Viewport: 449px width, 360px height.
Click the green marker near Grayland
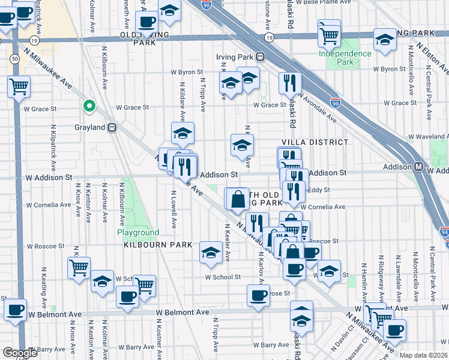(89, 107)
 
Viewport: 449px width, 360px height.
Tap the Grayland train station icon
(112, 127)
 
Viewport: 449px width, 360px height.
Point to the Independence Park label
(345, 58)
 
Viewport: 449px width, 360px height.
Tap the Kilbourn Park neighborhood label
(158, 245)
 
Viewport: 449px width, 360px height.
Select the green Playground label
(138, 232)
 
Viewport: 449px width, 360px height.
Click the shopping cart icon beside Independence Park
(329, 34)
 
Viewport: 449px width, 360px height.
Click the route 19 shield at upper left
(34, 40)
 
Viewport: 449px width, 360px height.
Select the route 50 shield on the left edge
(13, 58)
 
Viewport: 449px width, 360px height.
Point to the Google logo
(20, 353)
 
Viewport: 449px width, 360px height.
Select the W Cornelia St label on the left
(44, 204)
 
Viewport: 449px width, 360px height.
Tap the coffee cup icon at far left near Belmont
(15, 310)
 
